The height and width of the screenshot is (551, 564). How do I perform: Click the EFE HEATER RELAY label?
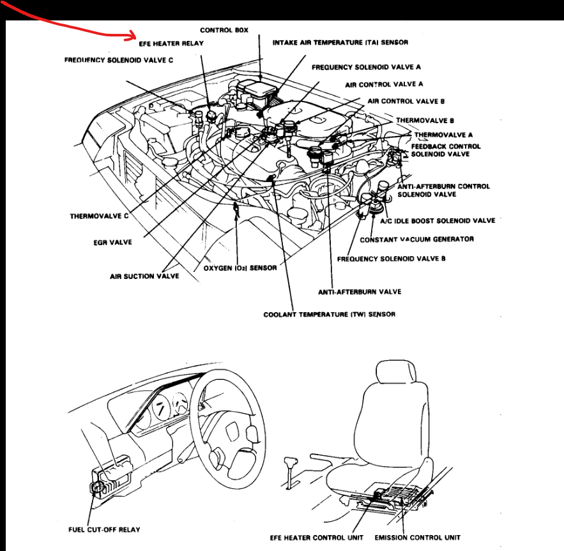pos(171,43)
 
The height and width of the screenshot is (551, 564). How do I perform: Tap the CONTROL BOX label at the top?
pos(224,30)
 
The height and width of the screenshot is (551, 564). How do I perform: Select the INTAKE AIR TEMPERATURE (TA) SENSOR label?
pos(340,43)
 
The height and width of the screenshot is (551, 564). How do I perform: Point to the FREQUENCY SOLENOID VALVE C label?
pos(119,60)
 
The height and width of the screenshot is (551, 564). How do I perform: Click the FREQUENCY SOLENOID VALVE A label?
pos(366,66)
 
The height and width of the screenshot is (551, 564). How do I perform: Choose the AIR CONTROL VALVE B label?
pos(405,102)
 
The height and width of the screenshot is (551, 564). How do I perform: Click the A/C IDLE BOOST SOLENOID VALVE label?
pos(438,221)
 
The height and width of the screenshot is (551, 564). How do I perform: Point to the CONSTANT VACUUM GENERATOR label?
pos(416,239)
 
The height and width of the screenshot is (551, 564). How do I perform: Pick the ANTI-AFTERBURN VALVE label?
pos(360,292)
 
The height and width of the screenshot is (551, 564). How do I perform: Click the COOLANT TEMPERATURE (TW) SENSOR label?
pos(329,314)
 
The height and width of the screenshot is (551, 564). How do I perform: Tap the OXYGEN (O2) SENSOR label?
pos(240,268)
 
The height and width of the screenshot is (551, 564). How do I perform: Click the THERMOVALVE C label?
pos(99,216)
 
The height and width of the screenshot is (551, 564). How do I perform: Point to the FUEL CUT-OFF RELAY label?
pos(104,529)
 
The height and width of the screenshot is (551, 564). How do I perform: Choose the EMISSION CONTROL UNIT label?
pos(417,538)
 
